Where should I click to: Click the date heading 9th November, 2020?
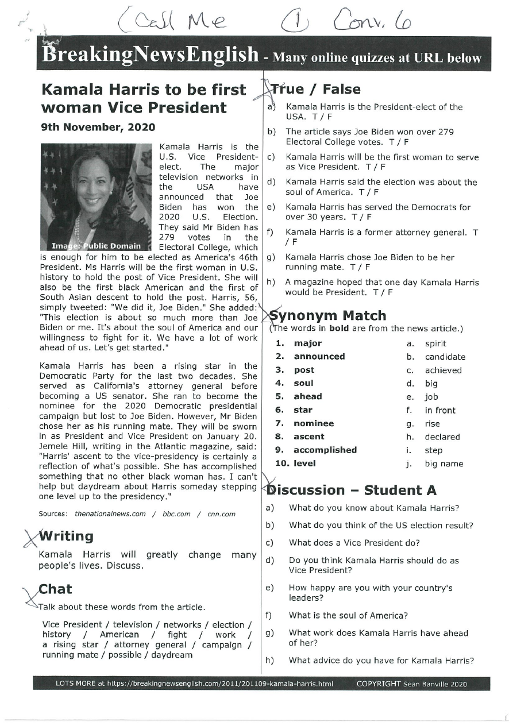[97, 127]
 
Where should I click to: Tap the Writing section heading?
[65, 536]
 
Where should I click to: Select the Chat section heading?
[55, 589]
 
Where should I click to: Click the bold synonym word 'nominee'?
[314, 423]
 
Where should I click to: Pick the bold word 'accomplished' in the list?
[325, 450]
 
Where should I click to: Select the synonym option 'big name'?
[444, 464]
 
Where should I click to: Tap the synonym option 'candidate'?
[445, 357]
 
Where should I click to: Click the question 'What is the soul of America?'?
[348, 615]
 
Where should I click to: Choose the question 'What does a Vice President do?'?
[354, 542]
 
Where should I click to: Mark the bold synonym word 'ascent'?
[309, 437]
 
